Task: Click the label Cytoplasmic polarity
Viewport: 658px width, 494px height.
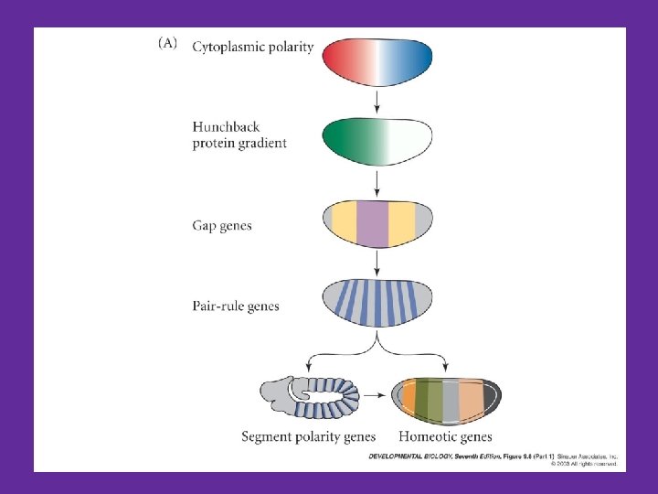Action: [253, 48]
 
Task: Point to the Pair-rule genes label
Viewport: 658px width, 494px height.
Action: [236, 306]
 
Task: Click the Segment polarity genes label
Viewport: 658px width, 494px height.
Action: [308, 436]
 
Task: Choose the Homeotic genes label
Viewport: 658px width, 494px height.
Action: [446, 436]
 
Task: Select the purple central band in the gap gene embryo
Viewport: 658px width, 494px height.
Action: [372, 222]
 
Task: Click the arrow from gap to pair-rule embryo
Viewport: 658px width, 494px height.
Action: [377, 263]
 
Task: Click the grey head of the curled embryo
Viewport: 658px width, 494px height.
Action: [273, 395]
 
